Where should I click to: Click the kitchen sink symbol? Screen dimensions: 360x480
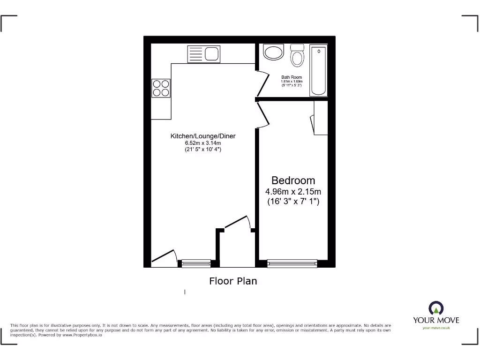[203, 53]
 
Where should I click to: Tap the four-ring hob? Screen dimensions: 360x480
[160, 88]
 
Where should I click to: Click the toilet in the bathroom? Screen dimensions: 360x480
[297, 55]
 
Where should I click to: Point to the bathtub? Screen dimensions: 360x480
[319, 71]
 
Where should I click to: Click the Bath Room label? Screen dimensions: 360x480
[292, 77]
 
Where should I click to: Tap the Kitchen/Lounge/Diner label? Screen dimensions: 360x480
[202, 136]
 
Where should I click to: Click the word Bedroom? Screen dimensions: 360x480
[293, 180]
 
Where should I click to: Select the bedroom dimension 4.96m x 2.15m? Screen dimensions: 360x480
[293, 192]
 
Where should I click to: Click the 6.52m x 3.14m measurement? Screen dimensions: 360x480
[202, 143]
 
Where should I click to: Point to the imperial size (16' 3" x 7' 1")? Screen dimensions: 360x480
[293, 202]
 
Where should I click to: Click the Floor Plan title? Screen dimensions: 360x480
[233, 281]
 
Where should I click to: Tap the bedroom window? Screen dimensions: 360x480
[292, 263]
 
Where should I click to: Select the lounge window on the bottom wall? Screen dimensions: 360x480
[196, 263]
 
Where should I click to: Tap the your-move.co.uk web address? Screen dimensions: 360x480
[436, 328]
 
